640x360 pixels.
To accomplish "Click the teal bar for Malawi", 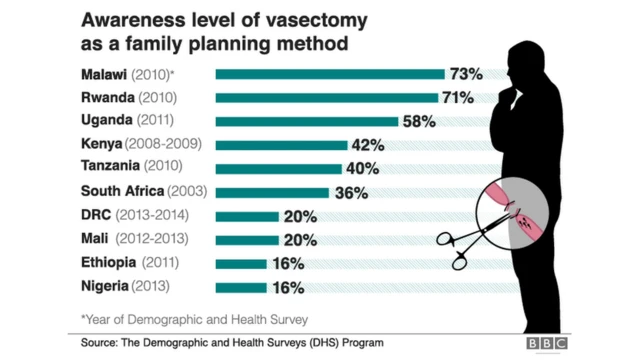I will pyautogui.click(x=330, y=74).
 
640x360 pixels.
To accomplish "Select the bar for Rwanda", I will pyautogui.click(x=327, y=98).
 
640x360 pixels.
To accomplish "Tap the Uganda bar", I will pyautogui.click(x=307, y=121).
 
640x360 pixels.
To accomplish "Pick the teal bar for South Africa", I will pyautogui.click(x=272, y=192).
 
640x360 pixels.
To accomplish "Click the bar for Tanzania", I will pyautogui.click(x=278, y=168).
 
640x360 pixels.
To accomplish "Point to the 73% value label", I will pyautogui.click(x=466, y=74).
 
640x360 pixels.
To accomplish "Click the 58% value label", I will pyautogui.click(x=419, y=121).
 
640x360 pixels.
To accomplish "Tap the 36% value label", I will pyautogui.click(x=349, y=192).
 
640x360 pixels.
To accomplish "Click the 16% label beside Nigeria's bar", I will pyautogui.click(x=286, y=287).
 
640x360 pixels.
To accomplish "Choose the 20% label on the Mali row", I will pyautogui.click(x=299, y=240).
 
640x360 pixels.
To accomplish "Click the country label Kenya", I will pyautogui.click(x=103, y=145).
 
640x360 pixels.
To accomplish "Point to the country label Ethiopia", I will pyautogui.click(x=109, y=263).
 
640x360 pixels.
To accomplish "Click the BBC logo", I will pyautogui.click(x=548, y=344).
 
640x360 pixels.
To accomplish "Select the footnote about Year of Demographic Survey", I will pyautogui.click(x=194, y=319).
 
